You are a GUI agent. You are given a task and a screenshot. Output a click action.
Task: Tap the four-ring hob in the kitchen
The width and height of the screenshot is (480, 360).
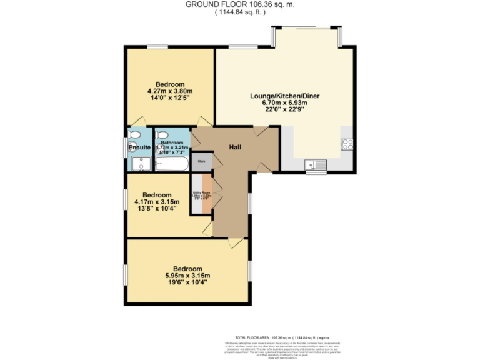point(346,144)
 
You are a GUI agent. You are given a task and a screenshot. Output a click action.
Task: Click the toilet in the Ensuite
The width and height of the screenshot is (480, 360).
point(134,135)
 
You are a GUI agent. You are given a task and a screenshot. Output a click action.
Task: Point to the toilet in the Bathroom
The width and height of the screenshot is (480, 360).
point(161,134)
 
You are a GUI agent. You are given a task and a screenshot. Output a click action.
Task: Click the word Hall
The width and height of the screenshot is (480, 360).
point(234,147)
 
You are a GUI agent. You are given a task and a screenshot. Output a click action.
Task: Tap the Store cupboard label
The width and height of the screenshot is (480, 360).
point(201,161)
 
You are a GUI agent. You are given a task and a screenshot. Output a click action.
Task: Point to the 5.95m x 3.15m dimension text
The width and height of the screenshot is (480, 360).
point(187,276)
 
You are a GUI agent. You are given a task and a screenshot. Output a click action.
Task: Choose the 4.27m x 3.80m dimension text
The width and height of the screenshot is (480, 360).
point(170,91)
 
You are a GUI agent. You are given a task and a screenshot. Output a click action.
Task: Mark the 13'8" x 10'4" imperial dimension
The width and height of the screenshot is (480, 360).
point(157,209)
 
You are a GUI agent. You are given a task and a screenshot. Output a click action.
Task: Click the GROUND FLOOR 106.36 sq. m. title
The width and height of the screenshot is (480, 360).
point(241,4)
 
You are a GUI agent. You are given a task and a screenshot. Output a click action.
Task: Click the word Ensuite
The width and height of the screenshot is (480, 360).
point(139,147)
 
